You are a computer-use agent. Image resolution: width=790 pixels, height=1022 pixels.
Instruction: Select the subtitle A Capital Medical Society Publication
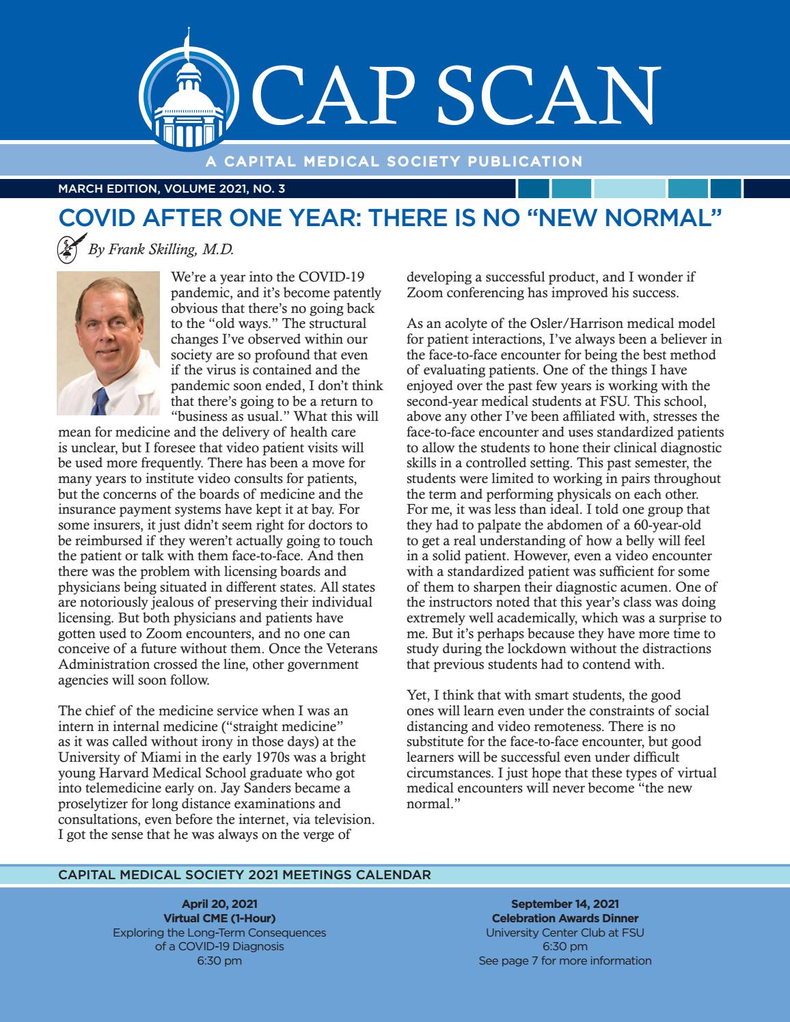click(393, 162)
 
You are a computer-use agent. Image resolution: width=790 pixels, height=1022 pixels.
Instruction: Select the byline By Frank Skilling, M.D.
click(161, 249)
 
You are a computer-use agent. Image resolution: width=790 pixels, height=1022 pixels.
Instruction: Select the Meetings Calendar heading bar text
click(245, 874)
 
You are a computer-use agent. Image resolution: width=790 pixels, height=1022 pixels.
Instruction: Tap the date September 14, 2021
click(564, 904)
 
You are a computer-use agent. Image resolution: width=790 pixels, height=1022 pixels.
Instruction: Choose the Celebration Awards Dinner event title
click(564, 918)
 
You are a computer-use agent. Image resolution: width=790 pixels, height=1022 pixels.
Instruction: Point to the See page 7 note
click(564, 961)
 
